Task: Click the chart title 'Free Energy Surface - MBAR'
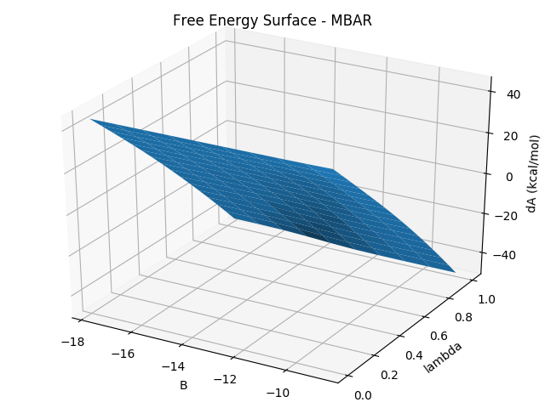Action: click(272, 20)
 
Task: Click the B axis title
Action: click(183, 385)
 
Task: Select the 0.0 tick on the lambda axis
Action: click(362, 395)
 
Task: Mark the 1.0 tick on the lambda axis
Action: click(484, 300)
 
